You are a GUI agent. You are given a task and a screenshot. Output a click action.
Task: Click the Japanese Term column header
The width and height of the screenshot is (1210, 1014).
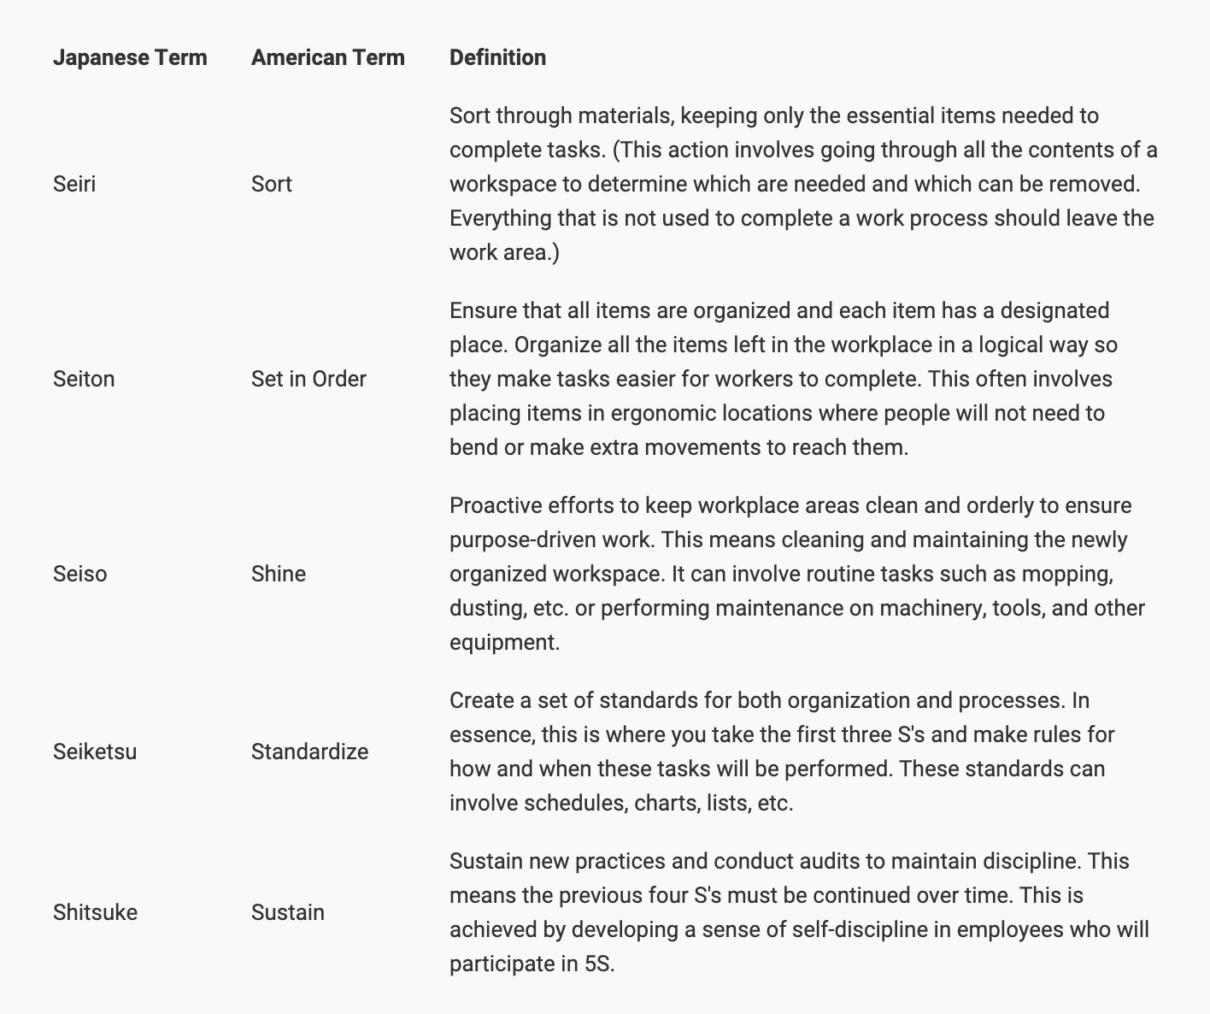click(130, 57)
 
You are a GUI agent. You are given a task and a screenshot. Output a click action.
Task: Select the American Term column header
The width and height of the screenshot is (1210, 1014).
click(328, 57)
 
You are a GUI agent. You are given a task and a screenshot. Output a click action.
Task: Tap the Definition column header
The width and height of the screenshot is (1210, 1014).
click(497, 57)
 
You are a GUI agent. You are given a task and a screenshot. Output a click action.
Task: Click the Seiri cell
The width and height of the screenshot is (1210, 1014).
click(74, 184)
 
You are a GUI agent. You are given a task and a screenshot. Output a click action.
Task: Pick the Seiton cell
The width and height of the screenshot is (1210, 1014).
click(84, 379)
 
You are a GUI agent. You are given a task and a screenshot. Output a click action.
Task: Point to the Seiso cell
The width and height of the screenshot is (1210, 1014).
click(80, 574)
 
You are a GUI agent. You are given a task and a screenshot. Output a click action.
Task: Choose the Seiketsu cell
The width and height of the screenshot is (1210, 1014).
click(95, 752)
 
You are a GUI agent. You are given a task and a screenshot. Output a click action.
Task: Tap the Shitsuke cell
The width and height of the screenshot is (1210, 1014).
click(95, 912)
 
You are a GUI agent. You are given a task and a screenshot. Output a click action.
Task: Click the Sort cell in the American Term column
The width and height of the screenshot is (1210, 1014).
click(272, 184)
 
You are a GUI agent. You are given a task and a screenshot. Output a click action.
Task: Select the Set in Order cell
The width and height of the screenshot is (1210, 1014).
click(308, 379)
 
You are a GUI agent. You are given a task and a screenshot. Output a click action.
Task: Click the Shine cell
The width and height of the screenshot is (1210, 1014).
click(279, 574)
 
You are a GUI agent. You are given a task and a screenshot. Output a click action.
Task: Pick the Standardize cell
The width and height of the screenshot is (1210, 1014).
click(310, 752)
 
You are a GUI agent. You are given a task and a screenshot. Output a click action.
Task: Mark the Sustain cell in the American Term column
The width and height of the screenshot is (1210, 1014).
click(288, 912)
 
